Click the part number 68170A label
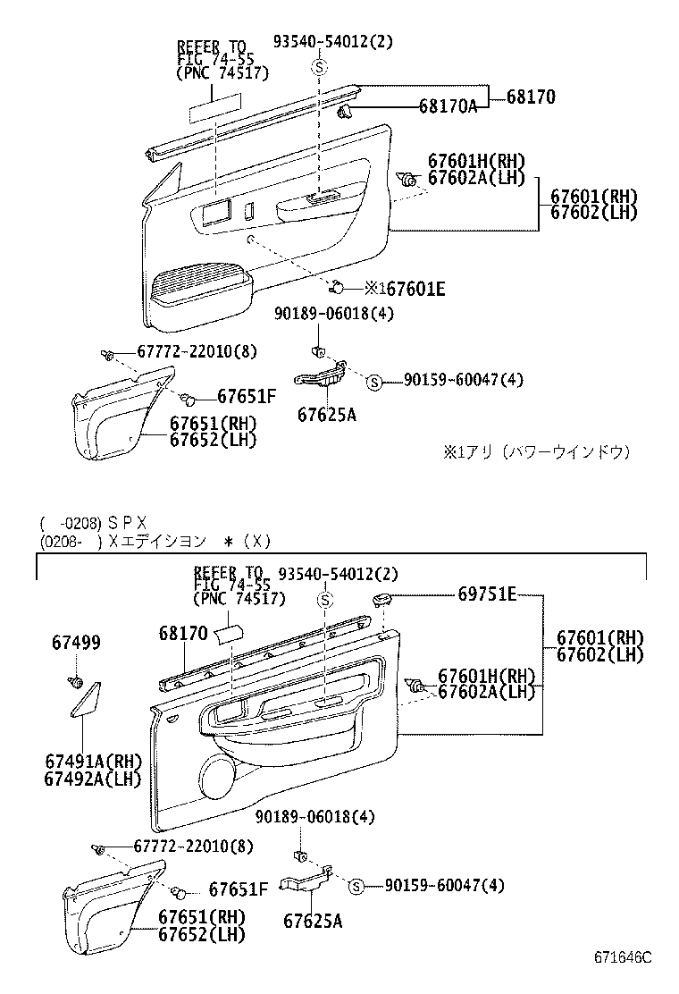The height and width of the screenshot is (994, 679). (x=448, y=106)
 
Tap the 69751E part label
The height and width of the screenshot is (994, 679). (x=487, y=594)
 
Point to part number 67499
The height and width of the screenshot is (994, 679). (x=76, y=643)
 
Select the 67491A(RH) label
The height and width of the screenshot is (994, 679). (x=94, y=761)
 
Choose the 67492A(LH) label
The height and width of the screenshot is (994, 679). (x=94, y=779)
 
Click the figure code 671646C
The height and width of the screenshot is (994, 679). (x=624, y=958)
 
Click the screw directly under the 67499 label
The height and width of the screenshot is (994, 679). (x=77, y=683)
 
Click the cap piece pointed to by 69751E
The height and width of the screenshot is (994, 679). (x=381, y=598)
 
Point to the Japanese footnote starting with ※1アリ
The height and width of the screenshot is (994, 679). (x=537, y=452)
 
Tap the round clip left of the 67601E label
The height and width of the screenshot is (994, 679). (x=338, y=287)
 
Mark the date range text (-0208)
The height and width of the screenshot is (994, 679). (x=69, y=523)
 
